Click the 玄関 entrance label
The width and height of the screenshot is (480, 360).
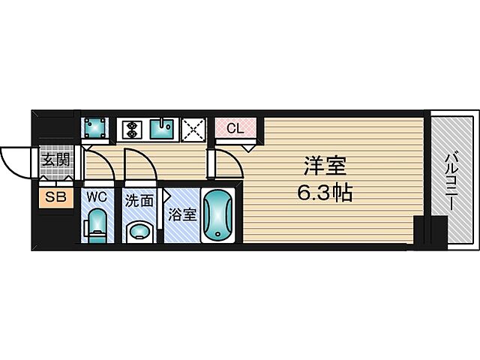55,160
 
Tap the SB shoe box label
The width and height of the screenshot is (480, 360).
55,198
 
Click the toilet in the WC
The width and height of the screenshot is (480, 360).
97,225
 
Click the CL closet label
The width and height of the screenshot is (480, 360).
235,128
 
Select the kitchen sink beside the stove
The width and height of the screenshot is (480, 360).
162,130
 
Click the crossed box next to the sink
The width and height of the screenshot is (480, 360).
193,129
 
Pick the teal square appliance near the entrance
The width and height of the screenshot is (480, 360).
94,128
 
